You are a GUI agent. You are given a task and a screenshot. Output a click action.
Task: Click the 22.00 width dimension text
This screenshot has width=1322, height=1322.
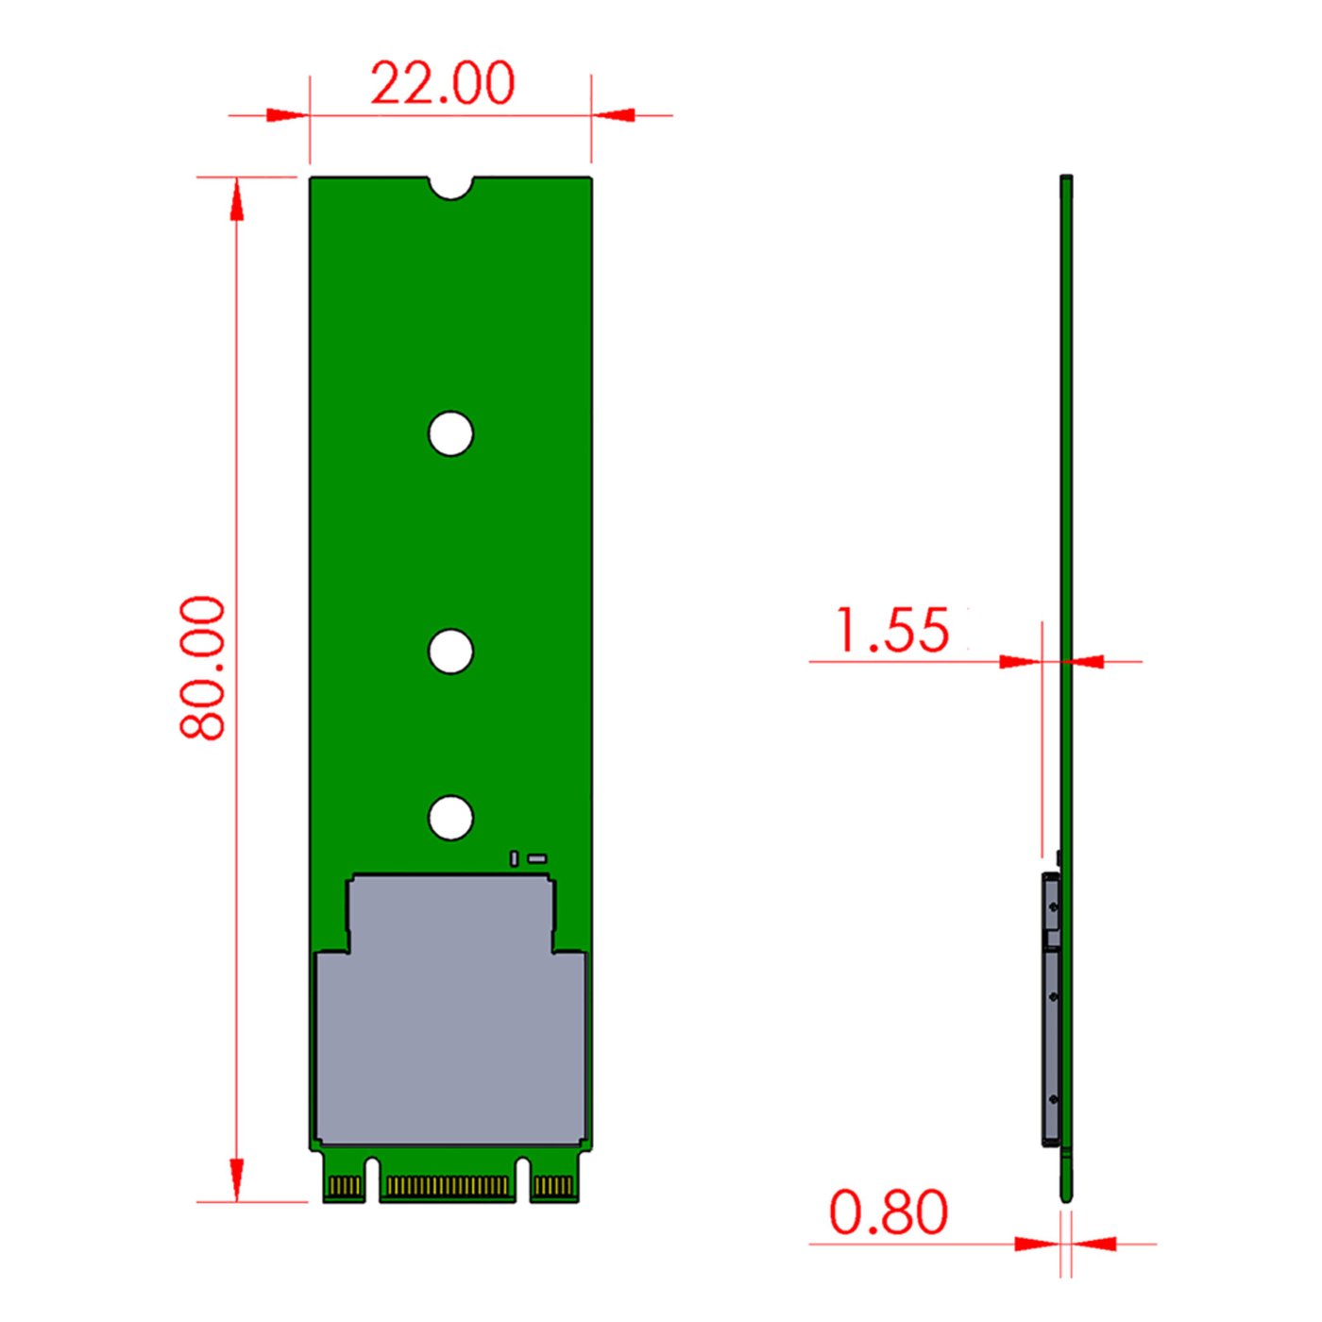tap(442, 83)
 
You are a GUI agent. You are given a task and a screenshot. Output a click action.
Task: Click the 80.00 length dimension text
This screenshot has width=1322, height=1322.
tap(203, 667)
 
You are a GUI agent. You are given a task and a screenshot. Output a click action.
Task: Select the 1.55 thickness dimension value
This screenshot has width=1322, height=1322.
tap(892, 630)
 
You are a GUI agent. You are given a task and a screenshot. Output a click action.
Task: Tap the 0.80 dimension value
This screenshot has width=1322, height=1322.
tap(888, 1212)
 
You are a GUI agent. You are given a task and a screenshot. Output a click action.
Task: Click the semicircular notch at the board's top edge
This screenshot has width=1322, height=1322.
tap(450, 186)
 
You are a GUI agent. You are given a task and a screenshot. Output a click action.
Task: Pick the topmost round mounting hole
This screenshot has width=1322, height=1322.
tap(450, 434)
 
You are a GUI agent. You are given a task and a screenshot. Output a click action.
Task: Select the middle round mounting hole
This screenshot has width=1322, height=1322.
tap(450, 652)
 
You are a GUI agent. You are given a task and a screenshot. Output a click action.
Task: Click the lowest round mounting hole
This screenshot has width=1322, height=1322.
tap(450, 818)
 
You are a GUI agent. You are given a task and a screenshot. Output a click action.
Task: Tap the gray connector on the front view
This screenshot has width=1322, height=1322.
tap(450, 1029)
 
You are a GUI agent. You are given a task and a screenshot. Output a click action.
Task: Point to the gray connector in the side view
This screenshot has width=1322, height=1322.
tap(1051, 1010)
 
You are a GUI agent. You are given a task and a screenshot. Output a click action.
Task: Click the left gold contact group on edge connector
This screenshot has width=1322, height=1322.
tap(345, 1186)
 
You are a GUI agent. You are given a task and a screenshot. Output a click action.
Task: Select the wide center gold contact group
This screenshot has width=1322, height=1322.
tap(448, 1186)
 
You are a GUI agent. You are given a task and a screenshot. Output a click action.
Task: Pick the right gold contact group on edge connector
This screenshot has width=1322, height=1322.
tap(554, 1186)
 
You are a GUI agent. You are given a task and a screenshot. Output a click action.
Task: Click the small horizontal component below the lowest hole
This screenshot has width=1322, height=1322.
tap(537, 858)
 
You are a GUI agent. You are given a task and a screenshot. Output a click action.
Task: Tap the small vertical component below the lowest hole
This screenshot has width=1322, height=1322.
tap(514, 858)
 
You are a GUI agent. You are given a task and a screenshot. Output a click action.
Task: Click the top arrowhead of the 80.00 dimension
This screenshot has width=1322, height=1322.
tap(236, 199)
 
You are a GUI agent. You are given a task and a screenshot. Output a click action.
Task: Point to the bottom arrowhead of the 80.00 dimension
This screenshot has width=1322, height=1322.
tap(236, 1180)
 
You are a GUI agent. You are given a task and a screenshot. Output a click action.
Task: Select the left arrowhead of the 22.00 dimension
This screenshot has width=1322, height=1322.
tap(287, 115)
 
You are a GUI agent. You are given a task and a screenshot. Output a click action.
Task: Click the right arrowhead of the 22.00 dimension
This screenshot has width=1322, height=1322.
tap(615, 115)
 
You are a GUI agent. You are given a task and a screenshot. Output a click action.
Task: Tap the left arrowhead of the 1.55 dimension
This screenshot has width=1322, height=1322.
tap(1020, 662)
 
